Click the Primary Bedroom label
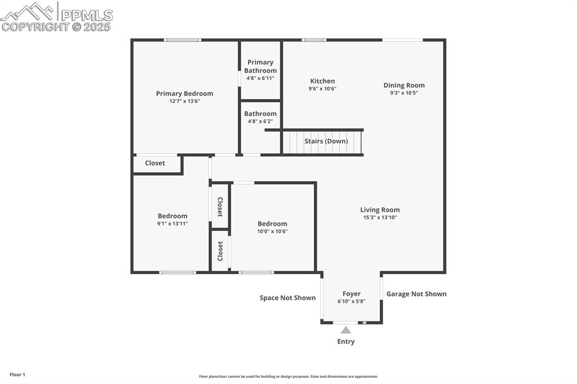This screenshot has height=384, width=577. pyautogui.click(x=184, y=93)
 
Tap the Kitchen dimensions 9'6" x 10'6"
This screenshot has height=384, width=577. pyautogui.click(x=322, y=89)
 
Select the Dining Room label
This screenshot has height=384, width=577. pyautogui.click(x=404, y=86)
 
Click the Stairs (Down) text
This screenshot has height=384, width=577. pyautogui.click(x=326, y=141)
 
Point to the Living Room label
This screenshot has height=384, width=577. pyautogui.click(x=380, y=210)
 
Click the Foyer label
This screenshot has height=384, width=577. pyautogui.click(x=352, y=294)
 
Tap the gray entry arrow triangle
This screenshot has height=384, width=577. pyautogui.click(x=346, y=331)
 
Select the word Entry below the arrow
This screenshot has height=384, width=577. pyautogui.click(x=346, y=342)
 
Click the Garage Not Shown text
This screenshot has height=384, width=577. pyautogui.click(x=416, y=294)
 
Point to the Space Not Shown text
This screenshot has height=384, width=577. pyautogui.click(x=287, y=298)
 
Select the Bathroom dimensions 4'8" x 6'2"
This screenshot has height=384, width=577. pyautogui.click(x=260, y=122)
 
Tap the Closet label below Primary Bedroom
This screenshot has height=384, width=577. pyautogui.click(x=155, y=163)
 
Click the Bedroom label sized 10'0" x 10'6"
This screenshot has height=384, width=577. pyautogui.click(x=272, y=224)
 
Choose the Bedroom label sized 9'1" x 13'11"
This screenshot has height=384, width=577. pyautogui.click(x=172, y=216)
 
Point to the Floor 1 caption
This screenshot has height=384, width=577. pyautogui.click(x=17, y=374)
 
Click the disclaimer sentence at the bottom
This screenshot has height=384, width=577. pyautogui.click(x=288, y=377)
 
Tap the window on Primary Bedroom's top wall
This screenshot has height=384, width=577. pyautogui.click(x=182, y=40)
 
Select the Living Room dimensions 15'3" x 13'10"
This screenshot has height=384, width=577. pyautogui.click(x=380, y=217)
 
